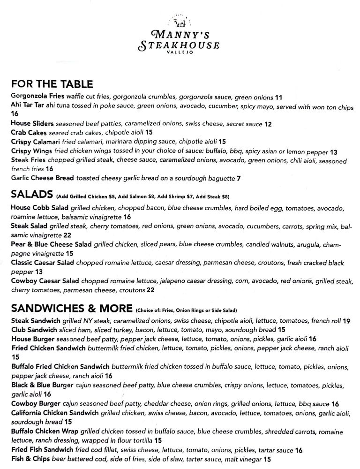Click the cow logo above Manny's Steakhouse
pos(180,22)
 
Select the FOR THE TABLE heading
pos(52,84)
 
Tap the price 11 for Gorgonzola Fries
pos(278,97)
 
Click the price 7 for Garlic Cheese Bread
pos(239,178)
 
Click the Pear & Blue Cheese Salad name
pos(51,244)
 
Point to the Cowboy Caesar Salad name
pos(45,281)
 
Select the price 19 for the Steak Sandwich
pos(346,321)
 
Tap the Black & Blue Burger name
pos(42,385)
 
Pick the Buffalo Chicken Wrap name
pos(45,431)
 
